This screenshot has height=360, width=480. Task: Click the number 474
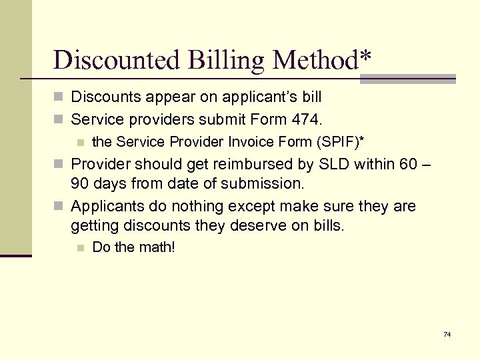[x=307, y=120]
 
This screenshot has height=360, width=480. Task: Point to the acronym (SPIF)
[x=340, y=141]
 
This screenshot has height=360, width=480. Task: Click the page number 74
[x=447, y=333]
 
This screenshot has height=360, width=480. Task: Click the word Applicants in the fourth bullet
[x=106, y=207]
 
